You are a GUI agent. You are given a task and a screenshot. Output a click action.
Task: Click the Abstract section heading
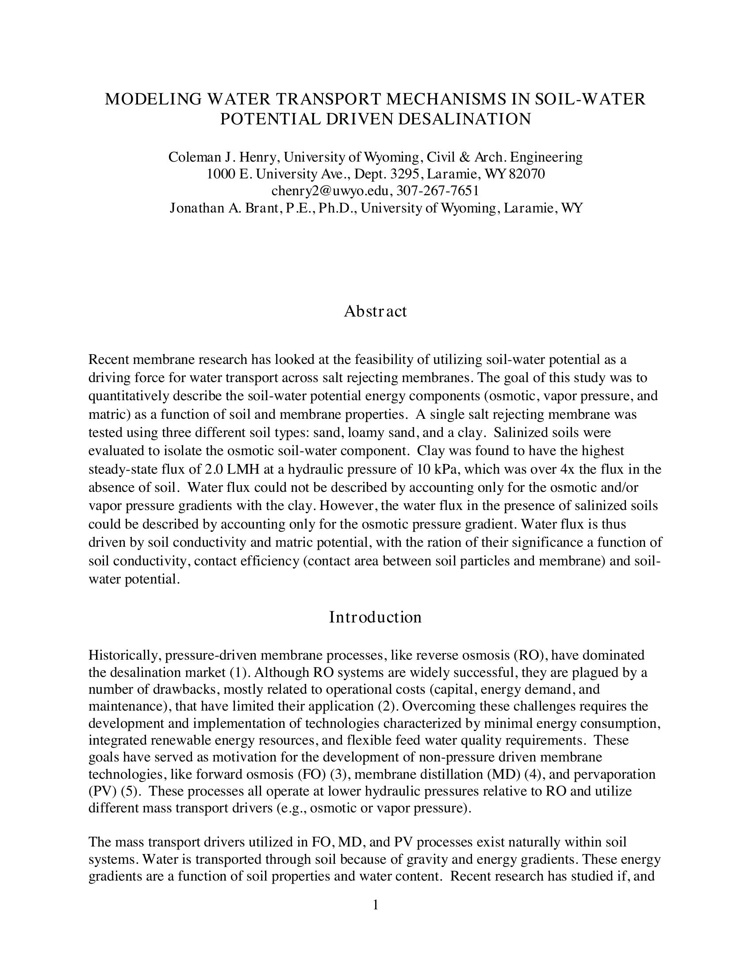click(x=375, y=311)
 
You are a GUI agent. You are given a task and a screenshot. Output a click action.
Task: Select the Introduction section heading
click(x=375, y=617)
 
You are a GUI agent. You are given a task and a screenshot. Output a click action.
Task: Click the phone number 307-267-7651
click(x=437, y=191)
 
